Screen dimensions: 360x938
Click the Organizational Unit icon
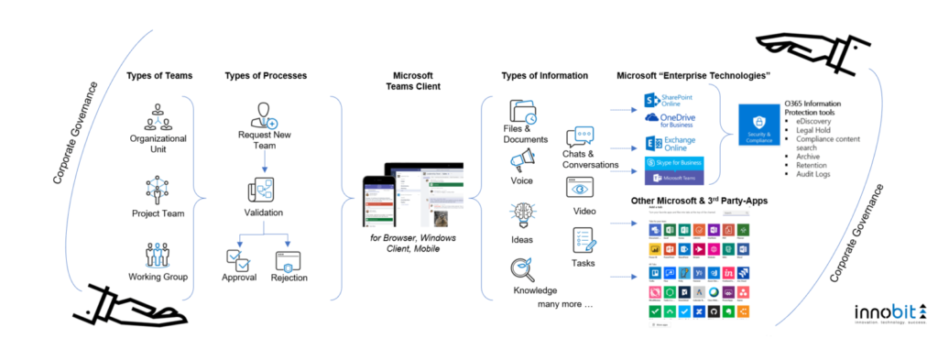159,119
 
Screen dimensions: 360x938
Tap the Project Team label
159,214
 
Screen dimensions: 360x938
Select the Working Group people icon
159,254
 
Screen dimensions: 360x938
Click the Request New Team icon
265,116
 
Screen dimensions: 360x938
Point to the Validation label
265,213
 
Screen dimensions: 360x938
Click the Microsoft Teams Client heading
412,82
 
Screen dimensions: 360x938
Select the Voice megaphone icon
523,162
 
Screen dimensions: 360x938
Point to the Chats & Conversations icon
581,138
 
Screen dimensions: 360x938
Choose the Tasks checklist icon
584,241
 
